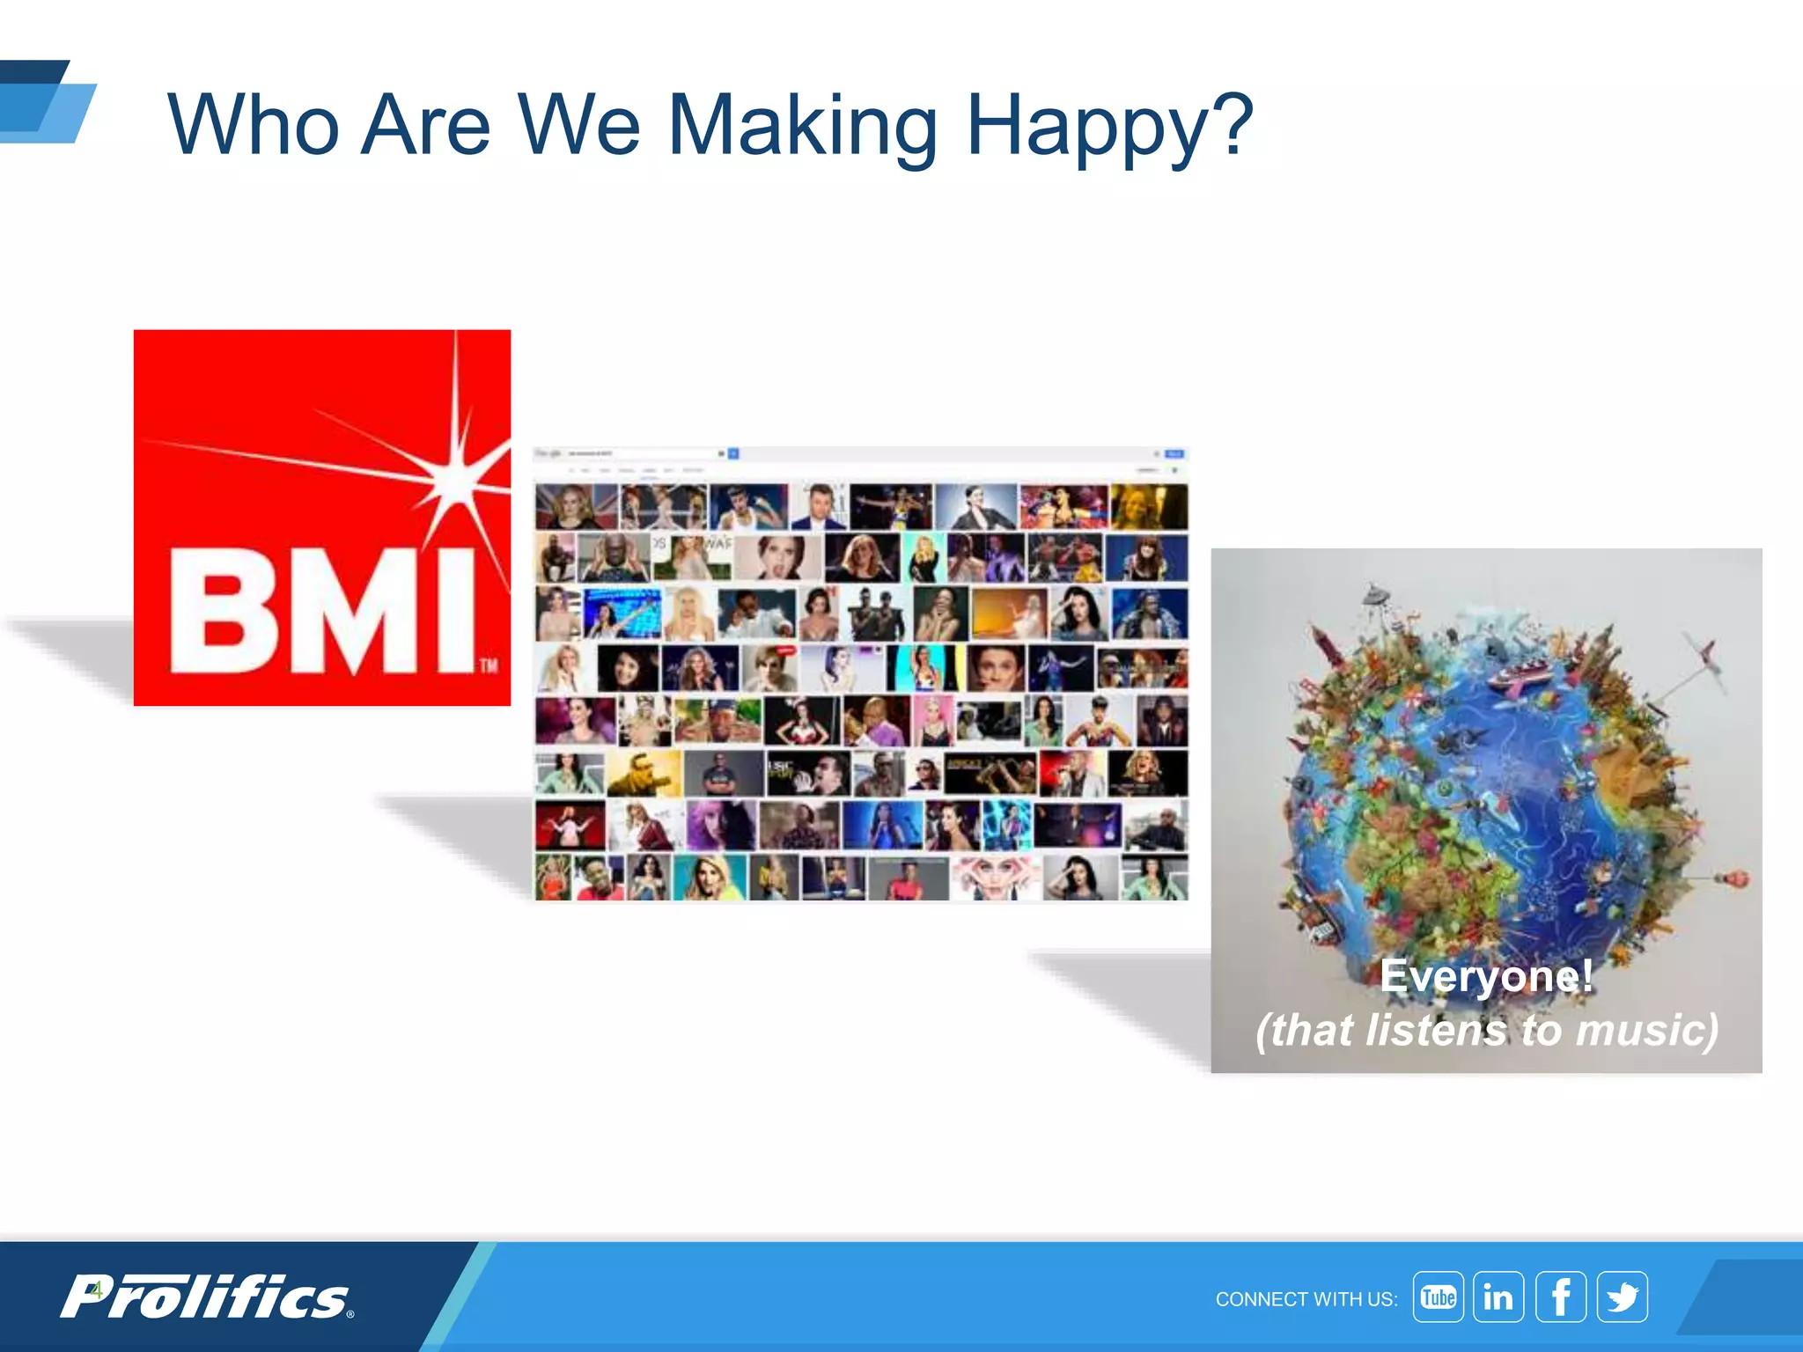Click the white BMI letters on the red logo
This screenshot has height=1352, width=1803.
point(322,612)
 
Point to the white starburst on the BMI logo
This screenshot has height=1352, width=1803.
point(456,476)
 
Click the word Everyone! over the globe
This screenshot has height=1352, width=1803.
point(1486,975)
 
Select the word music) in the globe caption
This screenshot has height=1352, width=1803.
point(1646,1030)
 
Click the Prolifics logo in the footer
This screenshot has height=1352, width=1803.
point(207,1297)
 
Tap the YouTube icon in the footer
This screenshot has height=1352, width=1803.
point(1438,1297)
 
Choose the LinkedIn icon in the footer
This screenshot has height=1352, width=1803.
point(1498,1297)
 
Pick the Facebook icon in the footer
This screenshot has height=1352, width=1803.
point(1560,1297)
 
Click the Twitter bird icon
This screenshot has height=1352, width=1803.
point(1623,1297)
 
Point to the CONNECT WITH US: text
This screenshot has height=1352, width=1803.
point(1306,1299)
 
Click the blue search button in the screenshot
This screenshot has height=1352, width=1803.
point(733,453)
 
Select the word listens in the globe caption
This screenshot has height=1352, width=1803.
point(1436,1030)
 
